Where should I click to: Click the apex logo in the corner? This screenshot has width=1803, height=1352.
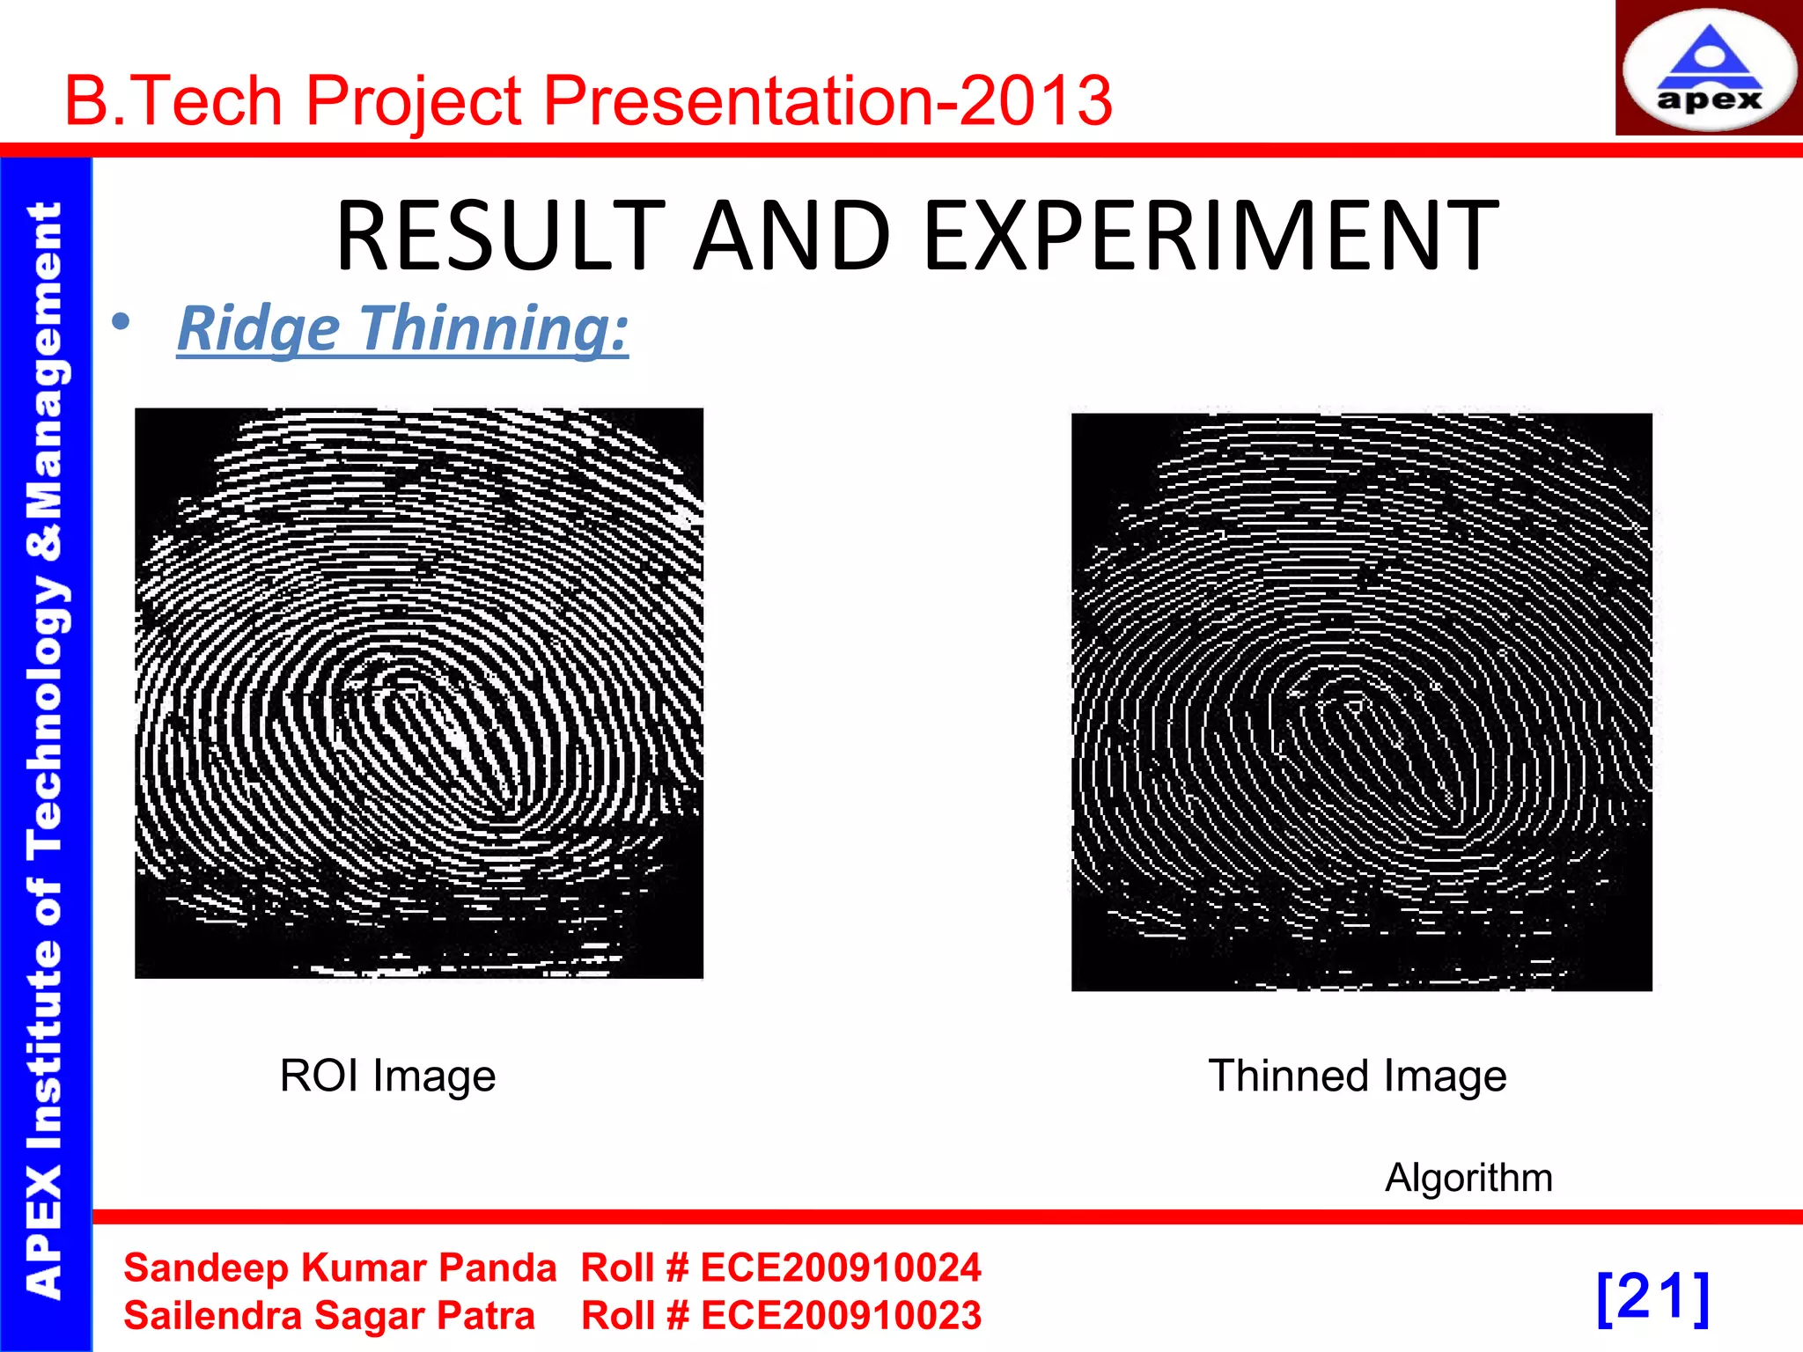coord(1709,69)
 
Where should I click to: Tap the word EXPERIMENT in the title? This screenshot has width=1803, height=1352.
coord(1211,236)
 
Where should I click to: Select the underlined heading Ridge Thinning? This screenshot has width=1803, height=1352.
coord(402,328)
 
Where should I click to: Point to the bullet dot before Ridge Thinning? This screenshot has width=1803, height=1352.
coord(121,322)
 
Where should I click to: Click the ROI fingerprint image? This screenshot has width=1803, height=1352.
coord(419,693)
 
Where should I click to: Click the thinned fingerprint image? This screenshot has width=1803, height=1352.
coord(1361,702)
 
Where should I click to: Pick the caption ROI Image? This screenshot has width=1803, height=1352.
coord(387,1076)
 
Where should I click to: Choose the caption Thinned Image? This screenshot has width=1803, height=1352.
coord(1357,1076)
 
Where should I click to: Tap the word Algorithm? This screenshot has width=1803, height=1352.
coord(1468,1178)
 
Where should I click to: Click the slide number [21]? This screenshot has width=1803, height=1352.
coord(1652,1297)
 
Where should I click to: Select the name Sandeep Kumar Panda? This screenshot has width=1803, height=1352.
coord(340,1267)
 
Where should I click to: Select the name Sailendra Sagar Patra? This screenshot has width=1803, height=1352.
coord(329,1316)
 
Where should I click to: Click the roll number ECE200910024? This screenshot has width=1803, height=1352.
coord(840,1267)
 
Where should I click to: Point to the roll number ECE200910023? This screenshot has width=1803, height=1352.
coord(840,1316)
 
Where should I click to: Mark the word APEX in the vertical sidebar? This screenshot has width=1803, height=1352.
coord(44,1232)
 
